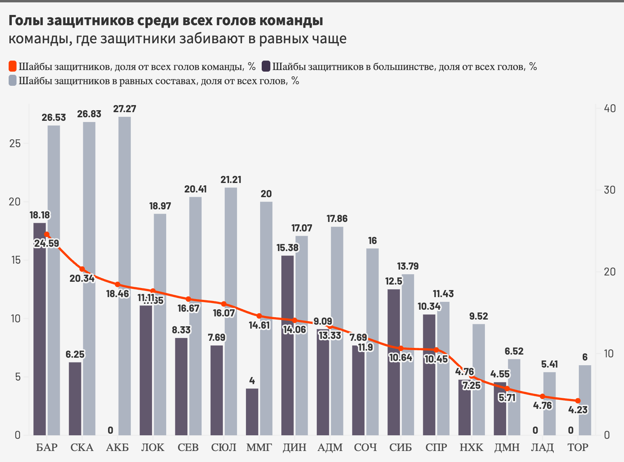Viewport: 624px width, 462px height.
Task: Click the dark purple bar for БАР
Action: pyautogui.click(x=40, y=329)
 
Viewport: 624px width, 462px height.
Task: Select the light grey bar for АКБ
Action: pyautogui.click(x=125, y=275)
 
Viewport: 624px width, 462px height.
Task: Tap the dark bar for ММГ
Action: pyautogui.click(x=252, y=412)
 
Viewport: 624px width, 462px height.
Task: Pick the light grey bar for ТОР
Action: pyautogui.click(x=585, y=400)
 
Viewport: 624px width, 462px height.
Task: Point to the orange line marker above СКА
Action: pyautogui.click(x=82, y=269)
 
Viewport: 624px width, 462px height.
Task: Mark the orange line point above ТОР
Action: pyautogui.click(x=578, y=401)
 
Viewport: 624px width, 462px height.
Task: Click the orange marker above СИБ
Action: pyautogui.click(x=401, y=348)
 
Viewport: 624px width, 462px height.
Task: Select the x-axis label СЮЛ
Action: pyautogui.click(x=224, y=447)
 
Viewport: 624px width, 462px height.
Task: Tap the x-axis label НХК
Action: pyautogui.click(x=472, y=447)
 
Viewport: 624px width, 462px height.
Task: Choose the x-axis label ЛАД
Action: pyautogui.click(x=542, y=447)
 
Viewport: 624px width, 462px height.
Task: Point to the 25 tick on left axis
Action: pyautogui.click(x=15, y=144)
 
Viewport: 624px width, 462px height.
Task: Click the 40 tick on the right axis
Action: pyautogui.click(x=610, y=108)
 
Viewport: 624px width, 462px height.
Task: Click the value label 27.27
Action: pyautogui.click(x=125, y=109)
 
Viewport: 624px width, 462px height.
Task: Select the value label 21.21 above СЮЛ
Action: pyautogui.click(x=231, y=179)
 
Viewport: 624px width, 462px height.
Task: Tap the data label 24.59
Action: pyautogui.click(x=46, y=243)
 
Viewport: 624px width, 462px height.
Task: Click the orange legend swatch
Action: pyautogui.click(x=13, y=67)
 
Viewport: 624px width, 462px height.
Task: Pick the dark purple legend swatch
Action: pyautogui.click(x=266, y=67)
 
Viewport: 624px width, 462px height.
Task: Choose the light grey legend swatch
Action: pyautogui.click(x=13, y=81)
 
